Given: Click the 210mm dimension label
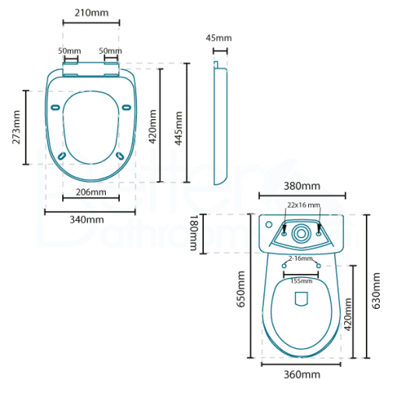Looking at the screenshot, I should point(90,12).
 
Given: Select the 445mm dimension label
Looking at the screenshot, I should point(179,127).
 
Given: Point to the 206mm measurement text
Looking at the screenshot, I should point(91,191).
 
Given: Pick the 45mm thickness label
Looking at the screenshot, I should point(219,38).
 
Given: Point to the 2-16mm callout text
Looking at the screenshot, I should point(300,258).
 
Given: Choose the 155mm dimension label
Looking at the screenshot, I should point(301,280).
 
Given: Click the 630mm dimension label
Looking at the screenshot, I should point(377,290).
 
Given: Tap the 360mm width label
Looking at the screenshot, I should point(301,374).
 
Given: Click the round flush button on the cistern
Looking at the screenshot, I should point(301,231).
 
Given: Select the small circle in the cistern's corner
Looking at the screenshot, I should point(268,227).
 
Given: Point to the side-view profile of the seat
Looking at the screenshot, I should point(220,125).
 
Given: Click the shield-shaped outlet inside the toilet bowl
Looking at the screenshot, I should point(301,300).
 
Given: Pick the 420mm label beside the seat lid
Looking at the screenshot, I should point(153,127).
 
